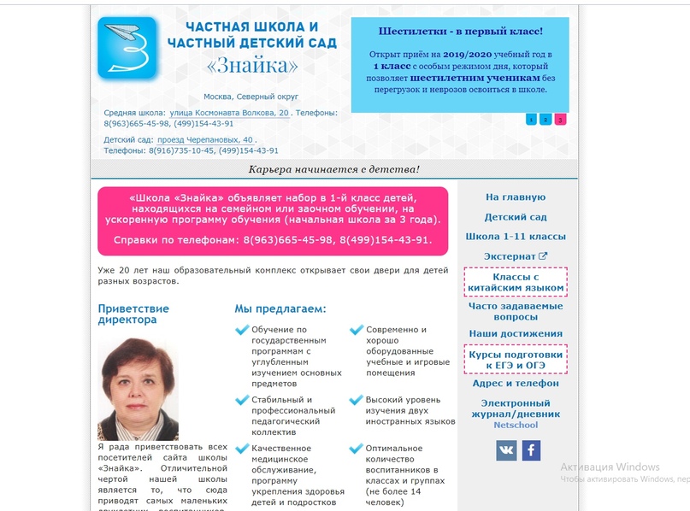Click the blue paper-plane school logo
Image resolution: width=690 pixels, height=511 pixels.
click(x=127, y=49)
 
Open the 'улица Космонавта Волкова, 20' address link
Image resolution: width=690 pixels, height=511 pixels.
click(x=229, y=113)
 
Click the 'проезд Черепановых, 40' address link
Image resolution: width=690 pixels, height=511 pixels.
click(x=205, y=139)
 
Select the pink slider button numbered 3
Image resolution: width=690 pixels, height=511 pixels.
click(x=560, y=120)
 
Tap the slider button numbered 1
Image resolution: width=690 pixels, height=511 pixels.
click(x=531, y=120)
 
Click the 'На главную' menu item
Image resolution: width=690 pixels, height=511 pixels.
click(x=515, y=197)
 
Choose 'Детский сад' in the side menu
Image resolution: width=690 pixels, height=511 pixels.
click(x=515, y=217)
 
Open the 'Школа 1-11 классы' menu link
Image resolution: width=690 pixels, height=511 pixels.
click(x=515, y=237)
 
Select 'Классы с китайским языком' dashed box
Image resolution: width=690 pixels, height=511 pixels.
click(x=515, y=283)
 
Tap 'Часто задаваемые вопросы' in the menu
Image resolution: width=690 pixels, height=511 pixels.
click(x=515, y=311)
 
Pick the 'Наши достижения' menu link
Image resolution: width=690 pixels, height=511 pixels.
click(x=515, y=333)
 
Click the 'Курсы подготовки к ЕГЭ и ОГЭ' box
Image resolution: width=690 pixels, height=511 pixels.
click(x=515, y=360)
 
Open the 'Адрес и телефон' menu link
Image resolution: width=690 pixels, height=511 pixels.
click(x=515, y=384)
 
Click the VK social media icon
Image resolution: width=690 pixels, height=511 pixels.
click(x=506, y=450)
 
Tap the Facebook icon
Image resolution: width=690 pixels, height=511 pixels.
click(x=531, y=450)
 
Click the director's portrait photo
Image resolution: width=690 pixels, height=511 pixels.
click(x=139, y=389)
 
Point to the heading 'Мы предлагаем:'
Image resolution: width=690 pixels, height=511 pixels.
click(x=280, y=308)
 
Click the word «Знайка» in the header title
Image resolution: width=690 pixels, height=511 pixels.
click(x=252, y=66)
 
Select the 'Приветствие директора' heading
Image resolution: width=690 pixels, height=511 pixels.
click(x=133, y=314)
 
